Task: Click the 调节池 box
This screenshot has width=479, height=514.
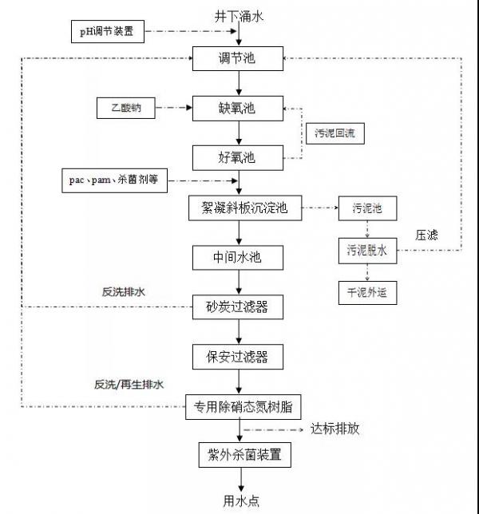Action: pos(238,58)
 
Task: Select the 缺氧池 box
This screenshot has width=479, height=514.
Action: pos(238,108)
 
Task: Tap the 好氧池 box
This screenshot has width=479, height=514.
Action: pos(238,156)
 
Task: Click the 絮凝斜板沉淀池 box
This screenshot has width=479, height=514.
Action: pos(238,209)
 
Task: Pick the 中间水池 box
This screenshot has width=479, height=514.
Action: pos(238,258)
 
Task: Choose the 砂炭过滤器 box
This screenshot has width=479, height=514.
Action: pos(238,306)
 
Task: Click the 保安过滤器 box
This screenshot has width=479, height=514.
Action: pos(238,355)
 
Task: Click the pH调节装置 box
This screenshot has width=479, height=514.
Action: pos(107,32)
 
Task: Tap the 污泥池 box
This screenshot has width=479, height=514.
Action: pos(367,209)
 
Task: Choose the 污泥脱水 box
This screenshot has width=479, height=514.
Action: pos(367,251)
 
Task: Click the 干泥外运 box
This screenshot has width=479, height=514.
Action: pos(367,292)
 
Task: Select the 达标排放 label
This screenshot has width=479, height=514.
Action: pos(335,429)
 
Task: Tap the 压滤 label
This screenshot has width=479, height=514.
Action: pos(427,235)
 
